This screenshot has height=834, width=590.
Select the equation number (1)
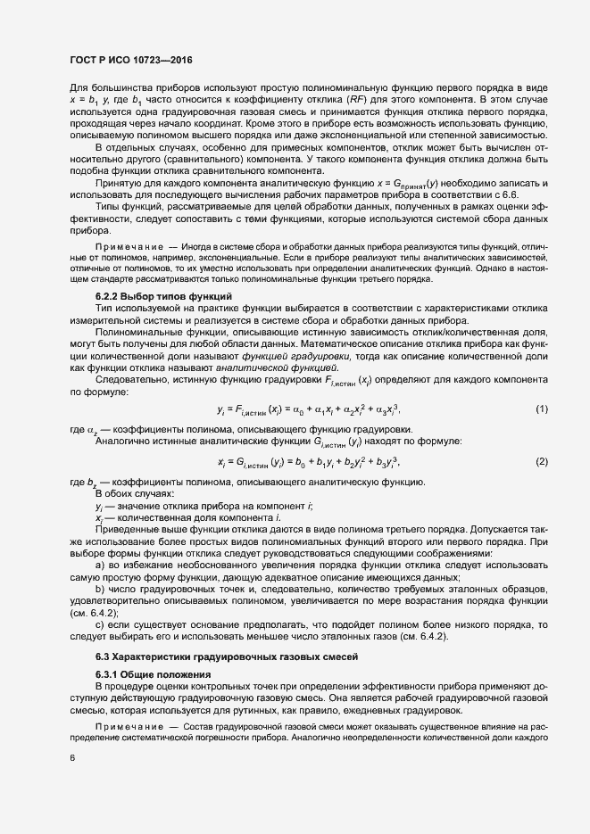pos(540,409)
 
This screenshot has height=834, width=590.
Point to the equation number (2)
pos(540,461)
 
